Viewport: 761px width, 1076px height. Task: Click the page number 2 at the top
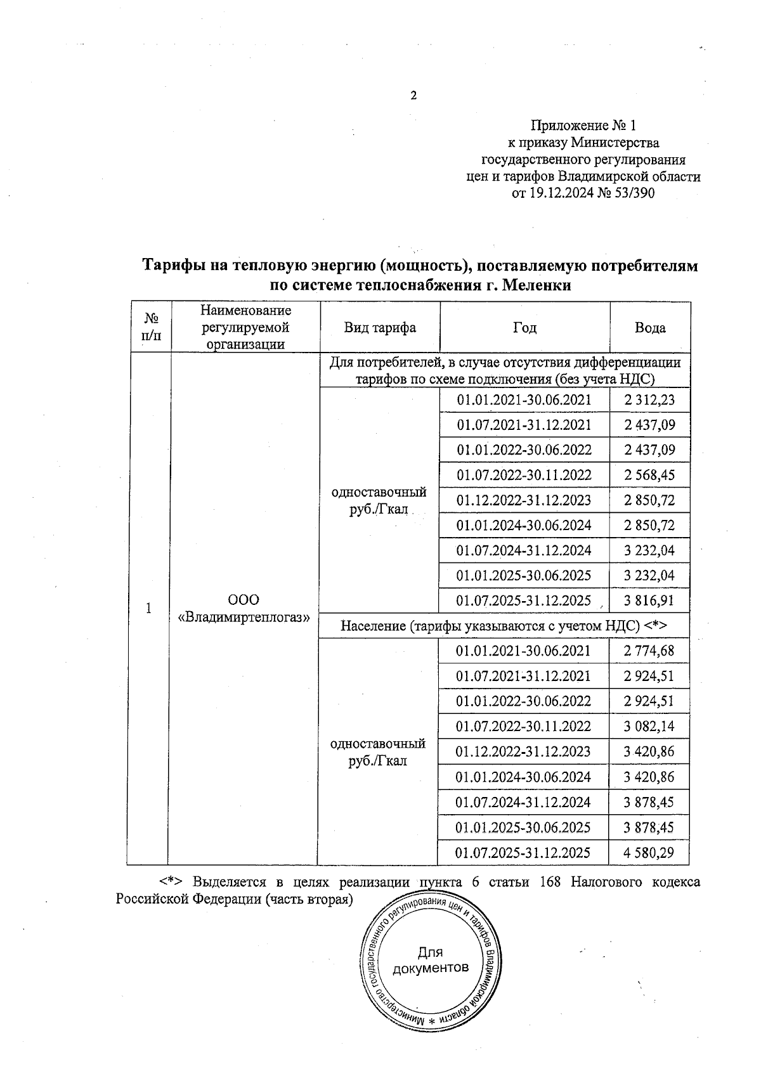[x=414, y=96]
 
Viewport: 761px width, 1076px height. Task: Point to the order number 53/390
[x=633, y=193]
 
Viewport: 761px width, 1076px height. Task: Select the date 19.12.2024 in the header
[x=561, y=193]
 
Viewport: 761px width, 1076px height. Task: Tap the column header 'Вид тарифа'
[x=380, y=328]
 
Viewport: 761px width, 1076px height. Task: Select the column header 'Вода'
[x=650, y=328]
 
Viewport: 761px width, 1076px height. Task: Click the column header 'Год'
[x=524, y=328]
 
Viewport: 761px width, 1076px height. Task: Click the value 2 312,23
[x=649, y=400]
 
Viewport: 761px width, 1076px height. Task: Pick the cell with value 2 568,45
[x=649, y=475]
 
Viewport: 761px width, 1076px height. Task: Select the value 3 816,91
[x=649, y=600]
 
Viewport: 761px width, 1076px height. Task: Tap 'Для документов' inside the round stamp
[x=431, y=960]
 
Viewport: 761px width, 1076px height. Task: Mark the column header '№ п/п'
[x=150, y=328]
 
